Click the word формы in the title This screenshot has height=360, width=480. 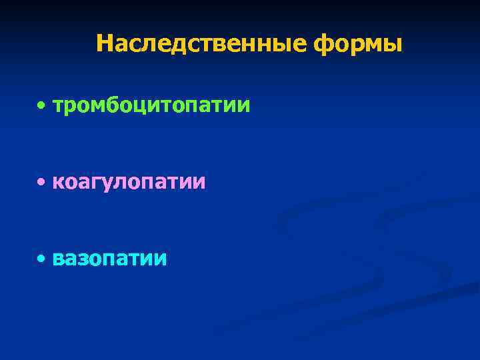[357, 44]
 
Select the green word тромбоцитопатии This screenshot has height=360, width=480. [151, 105]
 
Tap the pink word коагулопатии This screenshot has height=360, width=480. [129, 182]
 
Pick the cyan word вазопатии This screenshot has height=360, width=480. [109, 259]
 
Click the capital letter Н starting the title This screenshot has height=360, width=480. [105, 44]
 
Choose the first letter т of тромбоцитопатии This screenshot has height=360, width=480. [58, 106]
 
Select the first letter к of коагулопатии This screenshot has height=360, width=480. [59, 183]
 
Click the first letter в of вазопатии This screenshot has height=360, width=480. [59, 259]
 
